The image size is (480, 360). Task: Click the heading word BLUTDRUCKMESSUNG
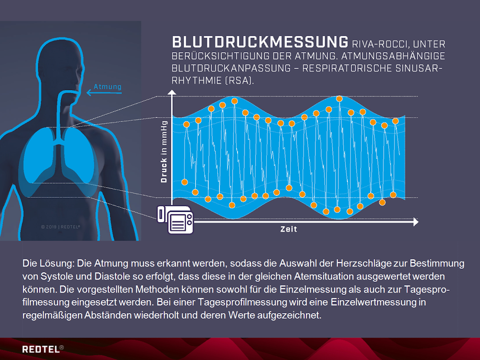260,42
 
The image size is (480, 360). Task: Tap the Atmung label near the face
108,87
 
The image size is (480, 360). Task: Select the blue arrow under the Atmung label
104,92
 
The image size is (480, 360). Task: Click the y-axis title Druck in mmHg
164,152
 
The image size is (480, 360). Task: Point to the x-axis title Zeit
289,229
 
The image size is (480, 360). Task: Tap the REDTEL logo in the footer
43,349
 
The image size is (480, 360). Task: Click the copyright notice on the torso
61,227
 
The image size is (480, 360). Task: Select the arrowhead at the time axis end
416,222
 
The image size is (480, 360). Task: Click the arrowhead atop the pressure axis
172,92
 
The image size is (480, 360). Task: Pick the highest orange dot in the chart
339,99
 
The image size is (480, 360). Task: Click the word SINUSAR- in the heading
419,68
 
